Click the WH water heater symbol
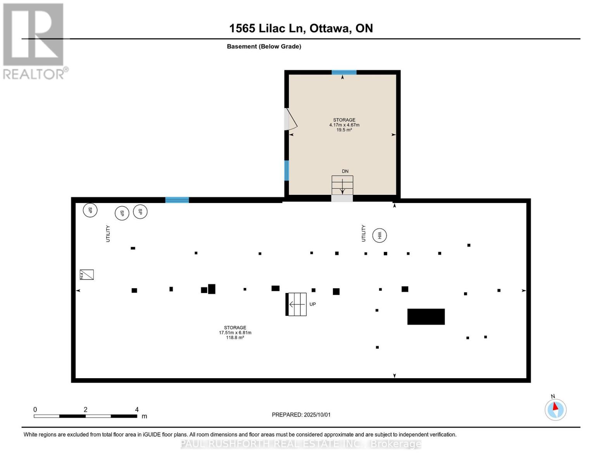coord(379,235)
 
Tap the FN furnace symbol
coord(86,274)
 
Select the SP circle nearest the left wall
coord(90,210)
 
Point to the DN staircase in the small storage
coord(342,186)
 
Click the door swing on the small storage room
coord(291,119)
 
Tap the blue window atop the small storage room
coord(344,72)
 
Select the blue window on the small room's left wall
coord(286,170)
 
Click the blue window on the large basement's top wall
coord(177,200)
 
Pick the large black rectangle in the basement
coord(426,317)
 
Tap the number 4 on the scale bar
coord(137,409)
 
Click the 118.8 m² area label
coord(235,338)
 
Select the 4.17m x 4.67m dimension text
coord(344,125)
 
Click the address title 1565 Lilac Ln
coord(301,28)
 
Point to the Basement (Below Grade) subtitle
coord(264,46)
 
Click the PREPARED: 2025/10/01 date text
coord(301,415)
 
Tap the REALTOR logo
coord(34,41)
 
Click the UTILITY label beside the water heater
coord(364,233)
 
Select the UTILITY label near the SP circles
coord(108,234)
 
